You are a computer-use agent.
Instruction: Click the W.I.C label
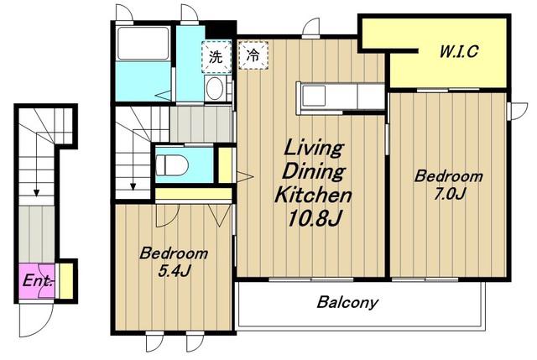click(459, 52)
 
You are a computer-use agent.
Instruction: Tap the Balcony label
click(347, 302)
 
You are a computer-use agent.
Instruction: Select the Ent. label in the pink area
click(38, 281)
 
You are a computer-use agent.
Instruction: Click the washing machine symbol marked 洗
click(216, 56)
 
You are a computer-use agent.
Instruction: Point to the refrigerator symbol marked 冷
click(253, 55)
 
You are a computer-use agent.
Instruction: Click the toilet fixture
click(172, 166)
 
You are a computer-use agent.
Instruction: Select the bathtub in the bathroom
click(143, 43)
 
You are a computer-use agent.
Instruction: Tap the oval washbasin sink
click(215, 88)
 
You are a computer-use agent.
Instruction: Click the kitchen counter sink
click(313, 96)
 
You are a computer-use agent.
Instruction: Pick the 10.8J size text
click(314, 218)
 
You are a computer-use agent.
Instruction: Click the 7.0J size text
click(449, 194)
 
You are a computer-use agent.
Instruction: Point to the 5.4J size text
click(174, 271)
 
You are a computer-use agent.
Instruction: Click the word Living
click(313, 149)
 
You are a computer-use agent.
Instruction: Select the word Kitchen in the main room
click(313, 195)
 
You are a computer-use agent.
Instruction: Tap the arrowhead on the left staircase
click(36, 193)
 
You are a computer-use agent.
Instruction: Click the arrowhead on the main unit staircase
click(133, 186)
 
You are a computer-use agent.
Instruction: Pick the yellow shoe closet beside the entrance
click(66, 280)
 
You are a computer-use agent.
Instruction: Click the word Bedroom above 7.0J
click(449, 176)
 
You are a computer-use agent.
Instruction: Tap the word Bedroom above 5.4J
click(174, 253)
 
